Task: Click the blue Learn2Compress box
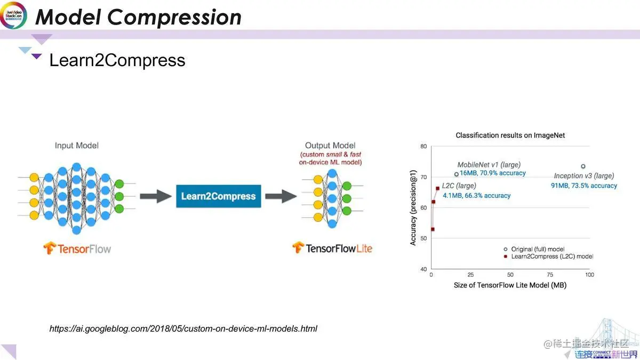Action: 218,196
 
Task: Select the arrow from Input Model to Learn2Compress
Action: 156,196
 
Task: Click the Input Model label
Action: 77,146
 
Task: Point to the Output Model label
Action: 330,146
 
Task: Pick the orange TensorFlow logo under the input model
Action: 50,249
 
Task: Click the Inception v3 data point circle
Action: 583,166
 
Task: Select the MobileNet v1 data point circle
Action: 456,174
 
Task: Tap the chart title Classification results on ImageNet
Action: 510,135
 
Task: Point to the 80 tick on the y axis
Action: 423,146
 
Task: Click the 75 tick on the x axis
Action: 550,275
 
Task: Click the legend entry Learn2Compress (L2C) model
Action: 551,257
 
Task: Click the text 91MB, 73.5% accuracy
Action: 583,186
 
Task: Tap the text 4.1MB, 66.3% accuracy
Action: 476,196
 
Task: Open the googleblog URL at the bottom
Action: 183,329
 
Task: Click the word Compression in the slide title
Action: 174,17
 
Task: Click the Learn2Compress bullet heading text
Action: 117,60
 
